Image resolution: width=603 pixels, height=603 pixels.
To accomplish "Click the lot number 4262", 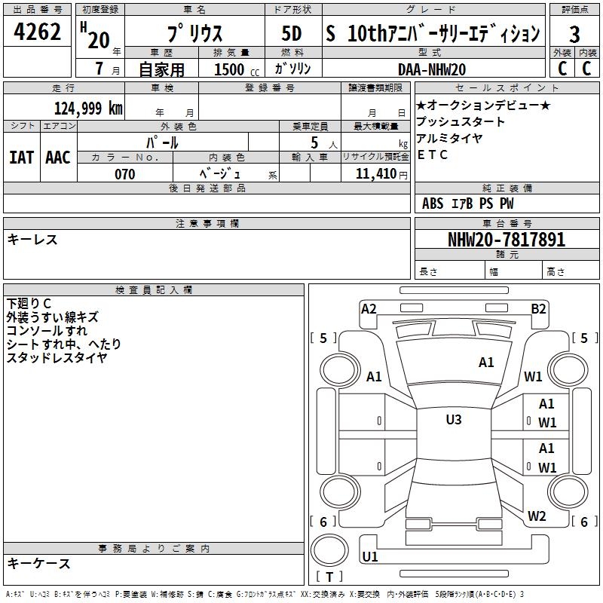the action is tap(37, 32).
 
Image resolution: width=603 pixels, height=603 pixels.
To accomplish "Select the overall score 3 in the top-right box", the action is tap(574, 35).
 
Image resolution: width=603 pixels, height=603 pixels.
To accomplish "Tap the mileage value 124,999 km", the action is tap(88, 108).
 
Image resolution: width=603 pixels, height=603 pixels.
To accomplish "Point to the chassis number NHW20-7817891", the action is tap(507, 239).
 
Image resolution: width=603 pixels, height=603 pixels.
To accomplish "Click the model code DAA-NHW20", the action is tap(432, 69).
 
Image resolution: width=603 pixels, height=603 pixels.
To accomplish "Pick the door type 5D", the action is tap(292, 33).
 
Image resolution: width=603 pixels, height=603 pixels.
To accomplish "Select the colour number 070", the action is tap(124, 174).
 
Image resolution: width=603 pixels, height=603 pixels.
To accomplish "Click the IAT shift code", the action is tap(21, 158).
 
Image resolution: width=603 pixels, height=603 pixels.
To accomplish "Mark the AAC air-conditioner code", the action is tap(58, 158).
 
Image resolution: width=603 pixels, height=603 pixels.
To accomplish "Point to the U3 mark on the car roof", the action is tap(454, 419).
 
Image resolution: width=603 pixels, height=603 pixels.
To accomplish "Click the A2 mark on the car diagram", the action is tap(369, 309).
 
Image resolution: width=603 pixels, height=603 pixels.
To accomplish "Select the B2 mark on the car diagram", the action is tap(538, 309).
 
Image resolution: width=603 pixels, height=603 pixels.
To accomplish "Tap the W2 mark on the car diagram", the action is tap(537, 516).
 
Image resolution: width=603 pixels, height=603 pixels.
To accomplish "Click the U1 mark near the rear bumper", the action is tap(370, 556).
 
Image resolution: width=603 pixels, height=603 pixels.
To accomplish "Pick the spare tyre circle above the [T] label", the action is tap(329, 550).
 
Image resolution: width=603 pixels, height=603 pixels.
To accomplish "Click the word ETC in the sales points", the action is tap(432, 155).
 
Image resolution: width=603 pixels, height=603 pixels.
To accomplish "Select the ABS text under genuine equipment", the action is tap(433, 204).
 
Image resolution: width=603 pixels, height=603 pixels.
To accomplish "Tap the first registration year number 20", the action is tap(99, 40).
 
